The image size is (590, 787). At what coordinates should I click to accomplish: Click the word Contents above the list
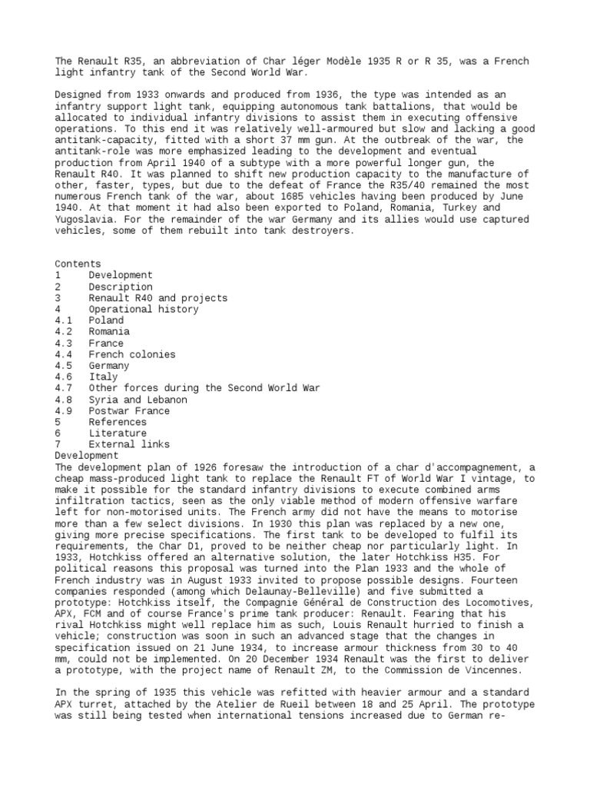pos(78,264)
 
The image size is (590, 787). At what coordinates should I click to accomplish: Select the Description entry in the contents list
pos(121,287)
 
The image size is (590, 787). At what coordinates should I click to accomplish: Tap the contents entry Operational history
pos(144,309)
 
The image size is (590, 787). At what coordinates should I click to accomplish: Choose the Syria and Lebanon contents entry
pos(138,400)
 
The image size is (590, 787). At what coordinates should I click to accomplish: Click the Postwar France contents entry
pos(129,411)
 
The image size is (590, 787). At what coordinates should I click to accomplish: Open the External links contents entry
pos(129,444)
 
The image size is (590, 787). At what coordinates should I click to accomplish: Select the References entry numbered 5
pos(118,422)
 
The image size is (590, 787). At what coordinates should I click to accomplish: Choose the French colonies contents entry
pos(132,354)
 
